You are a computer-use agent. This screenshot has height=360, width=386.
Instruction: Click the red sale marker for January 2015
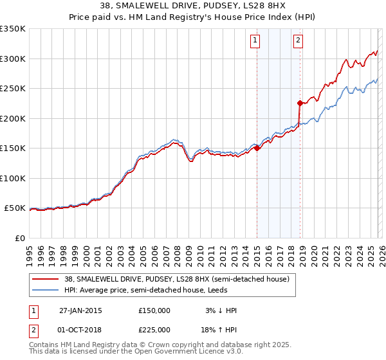(x=257, y=148)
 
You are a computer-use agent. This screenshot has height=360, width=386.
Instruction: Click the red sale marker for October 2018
(x=300, y=103)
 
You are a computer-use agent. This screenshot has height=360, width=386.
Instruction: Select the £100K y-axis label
(x=14, y=179)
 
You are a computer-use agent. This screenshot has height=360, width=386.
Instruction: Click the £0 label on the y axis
(x=19, y=239)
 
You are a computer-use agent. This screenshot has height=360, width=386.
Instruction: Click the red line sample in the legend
(x=46, y=279)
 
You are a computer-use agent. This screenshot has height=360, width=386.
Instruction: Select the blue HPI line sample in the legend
(x=46, y=290)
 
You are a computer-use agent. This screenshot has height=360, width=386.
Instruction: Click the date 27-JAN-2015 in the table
(x=80, y=310)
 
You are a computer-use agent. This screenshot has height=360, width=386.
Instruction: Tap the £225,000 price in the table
(x=154, y=329)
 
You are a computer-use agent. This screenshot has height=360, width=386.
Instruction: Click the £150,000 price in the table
(x=154, y=310)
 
